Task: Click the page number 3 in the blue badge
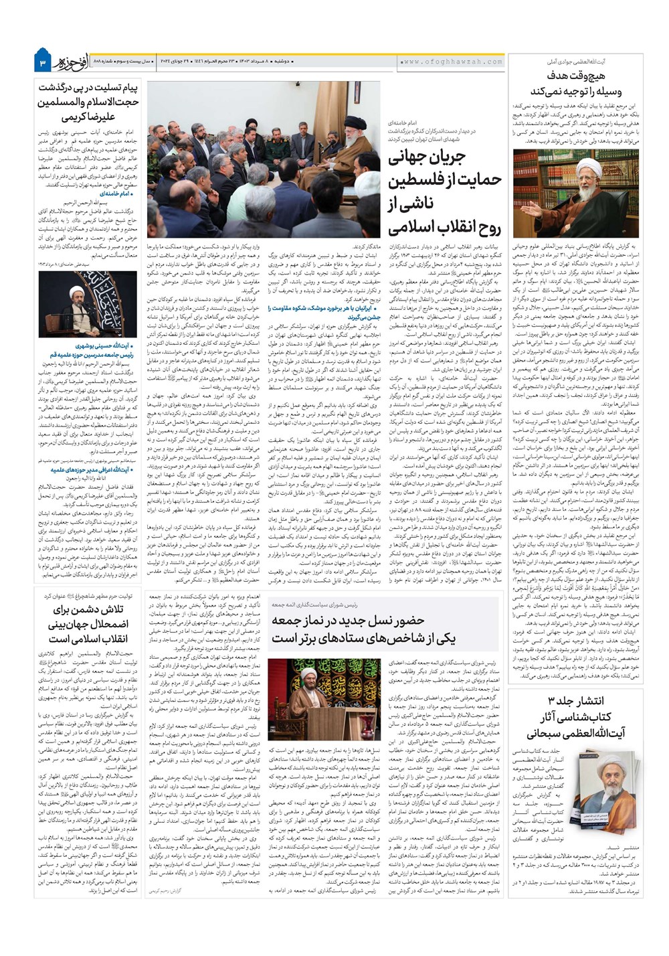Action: (x=42, y=63)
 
